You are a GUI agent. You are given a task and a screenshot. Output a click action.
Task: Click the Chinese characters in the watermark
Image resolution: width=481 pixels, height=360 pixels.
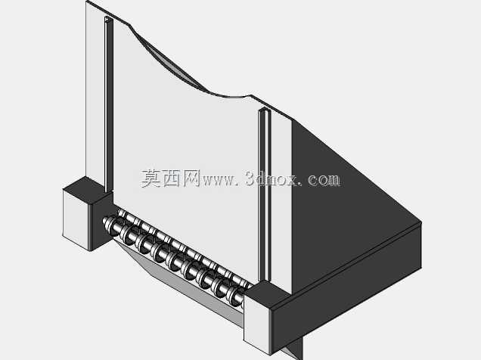[171, 178]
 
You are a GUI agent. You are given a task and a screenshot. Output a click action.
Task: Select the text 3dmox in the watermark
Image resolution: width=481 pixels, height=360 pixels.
[271, 178]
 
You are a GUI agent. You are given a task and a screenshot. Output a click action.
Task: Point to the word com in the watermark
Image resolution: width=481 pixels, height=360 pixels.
[324, 180]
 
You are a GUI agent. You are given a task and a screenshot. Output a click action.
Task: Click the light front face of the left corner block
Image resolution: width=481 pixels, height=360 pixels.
[76, 219]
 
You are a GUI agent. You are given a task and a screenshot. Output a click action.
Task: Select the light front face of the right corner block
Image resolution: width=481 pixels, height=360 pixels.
[257, 326]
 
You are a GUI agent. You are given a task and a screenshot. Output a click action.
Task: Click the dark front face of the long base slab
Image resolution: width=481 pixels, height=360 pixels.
[346, 288]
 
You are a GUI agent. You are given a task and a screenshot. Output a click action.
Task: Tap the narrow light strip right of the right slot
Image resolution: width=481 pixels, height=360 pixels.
[281, 203]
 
